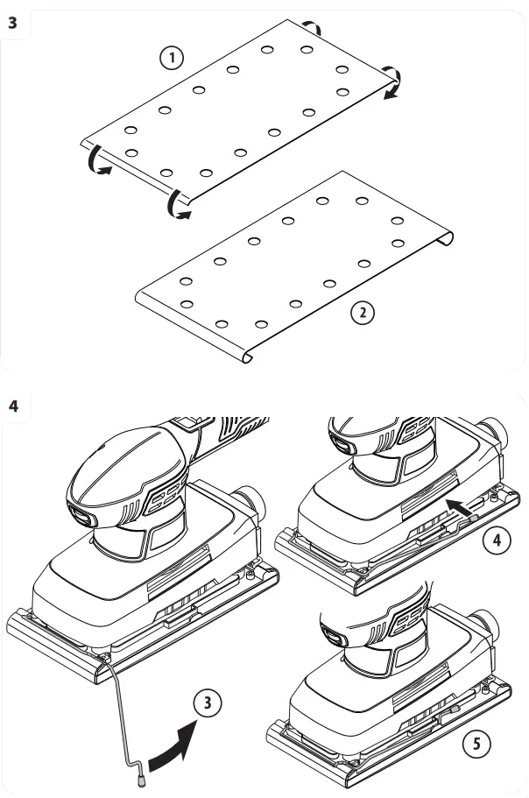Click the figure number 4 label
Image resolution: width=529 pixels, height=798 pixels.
pyautogui.click(x=13, y=406)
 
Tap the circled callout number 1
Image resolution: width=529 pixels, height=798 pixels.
pyautogui.click(x=172, y=58)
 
